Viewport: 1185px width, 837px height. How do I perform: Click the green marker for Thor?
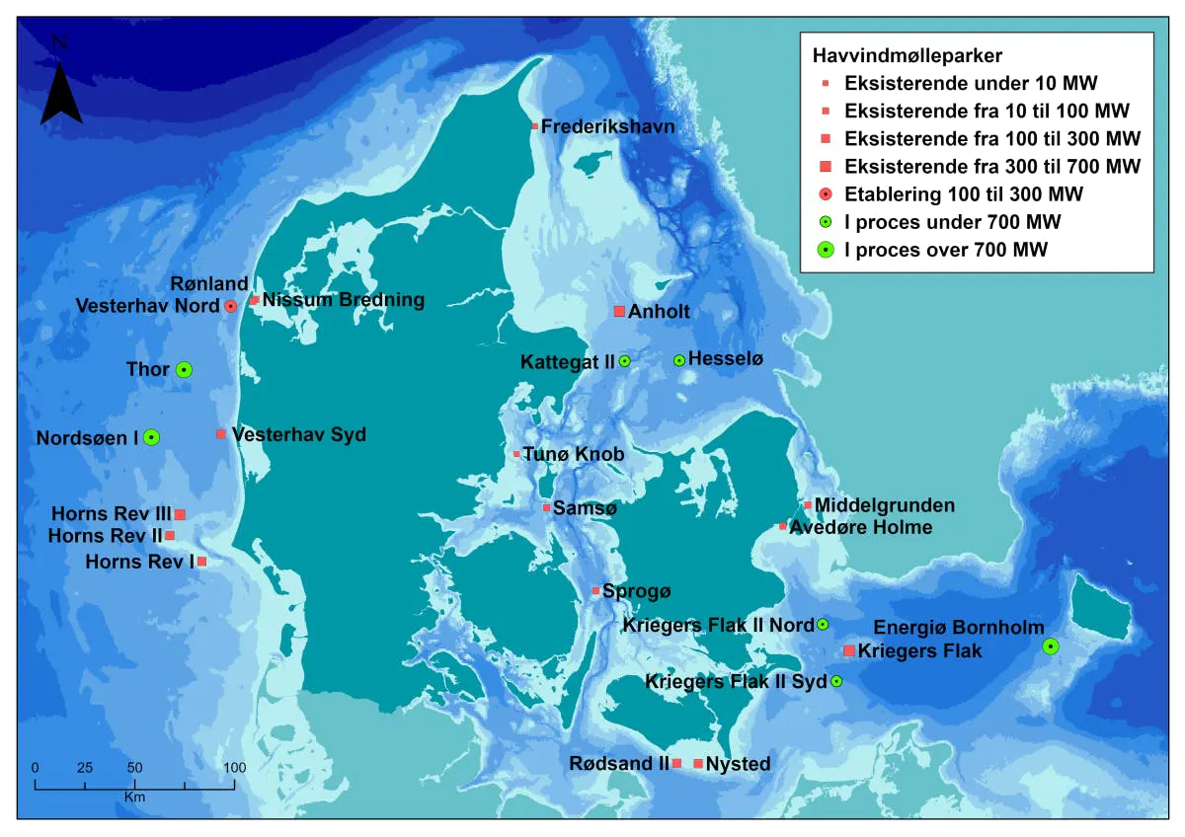[x=184, y=370]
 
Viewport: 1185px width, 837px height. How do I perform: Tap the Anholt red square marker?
[x=619, y=312]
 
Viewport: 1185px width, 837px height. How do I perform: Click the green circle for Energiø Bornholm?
[x=1051, y=647]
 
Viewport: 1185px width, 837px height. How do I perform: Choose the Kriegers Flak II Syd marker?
[x=836, y=681]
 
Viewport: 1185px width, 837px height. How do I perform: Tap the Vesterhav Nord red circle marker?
[x=230, y=307]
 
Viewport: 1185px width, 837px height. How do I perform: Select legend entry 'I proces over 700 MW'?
[x=946, y=250]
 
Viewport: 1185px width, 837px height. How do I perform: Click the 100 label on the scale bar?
[x=234, y=767]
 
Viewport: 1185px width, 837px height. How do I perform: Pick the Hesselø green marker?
[x=679, y=361]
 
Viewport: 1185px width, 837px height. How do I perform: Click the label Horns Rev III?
[x=113, y=514]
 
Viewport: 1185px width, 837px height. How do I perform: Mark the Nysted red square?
[x=698, y=764]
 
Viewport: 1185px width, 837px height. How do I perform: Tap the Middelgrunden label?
[x=885, y=505]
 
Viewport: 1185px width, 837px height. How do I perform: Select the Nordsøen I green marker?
[x=151, y=437]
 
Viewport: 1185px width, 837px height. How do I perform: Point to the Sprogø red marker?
[x=595, y=591]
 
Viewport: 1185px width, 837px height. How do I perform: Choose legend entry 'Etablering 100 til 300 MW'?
[x=964, y=193]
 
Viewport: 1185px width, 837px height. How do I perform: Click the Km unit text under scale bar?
[x=134, y=796]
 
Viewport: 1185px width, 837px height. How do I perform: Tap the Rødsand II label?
[x=619, y=764]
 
